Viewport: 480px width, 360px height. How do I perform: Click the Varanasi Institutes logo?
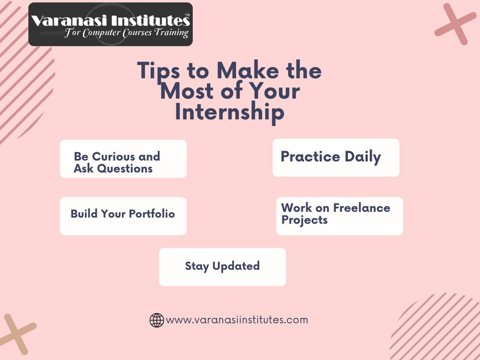tap(110, 24)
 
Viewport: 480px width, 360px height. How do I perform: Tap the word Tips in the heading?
tap(158, 71)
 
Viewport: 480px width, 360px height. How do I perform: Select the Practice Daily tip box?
tap(336, 157)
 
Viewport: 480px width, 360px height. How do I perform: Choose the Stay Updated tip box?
tap(222, 267)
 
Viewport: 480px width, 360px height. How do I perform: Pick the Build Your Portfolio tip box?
tap(123, 216)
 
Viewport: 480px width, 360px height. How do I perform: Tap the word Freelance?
tap(362, 208)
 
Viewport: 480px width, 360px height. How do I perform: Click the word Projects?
tap(305, 220)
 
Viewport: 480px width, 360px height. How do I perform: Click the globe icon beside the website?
tap(156, 320)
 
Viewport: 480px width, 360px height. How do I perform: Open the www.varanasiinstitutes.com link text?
tap(237, 320)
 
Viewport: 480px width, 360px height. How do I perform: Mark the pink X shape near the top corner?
tap(456, 24)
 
